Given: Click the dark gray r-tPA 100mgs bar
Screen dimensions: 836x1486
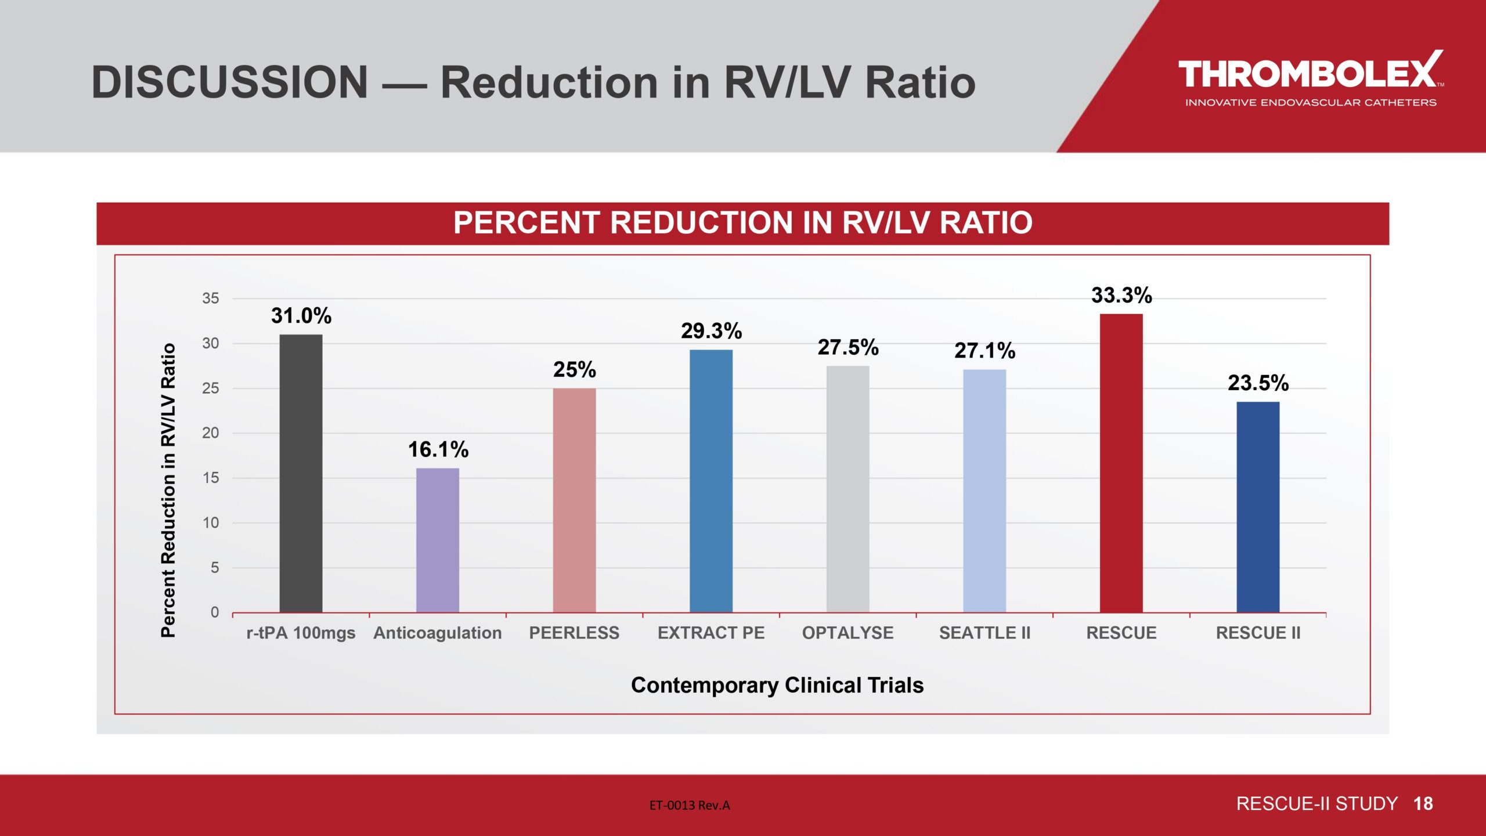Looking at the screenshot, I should [x=301, y=473].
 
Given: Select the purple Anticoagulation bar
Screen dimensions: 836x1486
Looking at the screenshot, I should [x=438, y=540].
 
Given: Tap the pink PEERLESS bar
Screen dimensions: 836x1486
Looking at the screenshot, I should [x=574, y=500].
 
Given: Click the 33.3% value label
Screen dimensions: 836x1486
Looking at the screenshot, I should [x=1121, y=296].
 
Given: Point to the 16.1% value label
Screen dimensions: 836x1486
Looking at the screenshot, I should [x=438, y=449].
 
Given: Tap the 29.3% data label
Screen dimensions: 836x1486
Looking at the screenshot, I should [x=711, y=331].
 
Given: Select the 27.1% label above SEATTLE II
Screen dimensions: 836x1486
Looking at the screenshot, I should [x=984, y=351].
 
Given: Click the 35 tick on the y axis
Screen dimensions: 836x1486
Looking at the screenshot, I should [x=210, y=298].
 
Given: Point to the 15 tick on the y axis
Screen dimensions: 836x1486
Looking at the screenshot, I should [x=210, y=478].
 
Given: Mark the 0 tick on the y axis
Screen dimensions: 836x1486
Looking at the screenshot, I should [x=214, y=612].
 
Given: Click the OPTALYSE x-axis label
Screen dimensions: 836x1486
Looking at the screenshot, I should [x=847, y=633].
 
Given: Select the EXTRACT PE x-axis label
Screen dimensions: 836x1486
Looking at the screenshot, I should [x=711, y=633].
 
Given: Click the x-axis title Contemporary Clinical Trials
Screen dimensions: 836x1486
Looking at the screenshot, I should [x=777, y=685].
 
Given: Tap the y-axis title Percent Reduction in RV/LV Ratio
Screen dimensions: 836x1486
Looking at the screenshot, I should [x=168, y=491].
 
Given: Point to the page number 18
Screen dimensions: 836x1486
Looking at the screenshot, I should [x=1423, y=803].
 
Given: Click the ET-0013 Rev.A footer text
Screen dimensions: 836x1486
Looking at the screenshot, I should [x=690, y=805].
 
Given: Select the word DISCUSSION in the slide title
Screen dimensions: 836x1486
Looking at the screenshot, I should [x=230, y=82].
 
